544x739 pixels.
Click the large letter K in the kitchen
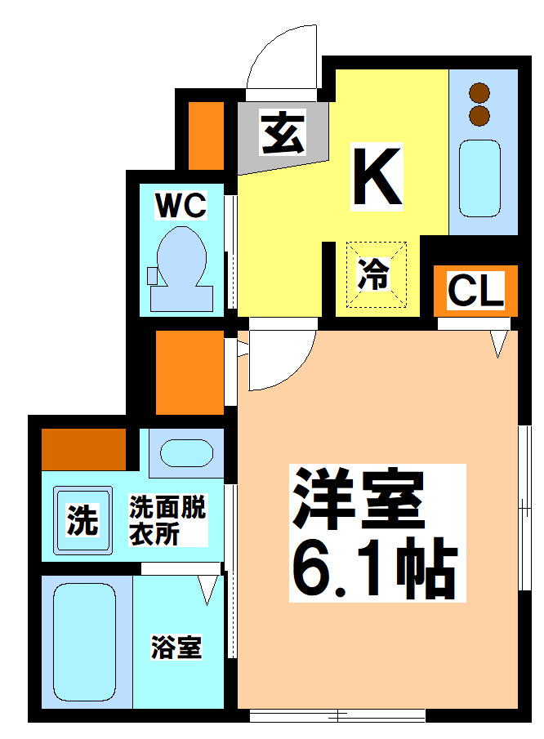point(377,176)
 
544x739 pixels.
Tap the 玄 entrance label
point(283,132)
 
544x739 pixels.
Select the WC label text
point(181,206)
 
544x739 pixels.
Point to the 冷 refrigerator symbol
point(374,274)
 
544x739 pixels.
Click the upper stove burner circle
point(479,92)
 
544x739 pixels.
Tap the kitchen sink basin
point(479,177)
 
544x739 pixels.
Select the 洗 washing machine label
point(82,520)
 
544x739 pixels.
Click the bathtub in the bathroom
point(83,642)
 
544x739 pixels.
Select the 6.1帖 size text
point(372,568)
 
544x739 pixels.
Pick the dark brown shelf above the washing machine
point(83,448)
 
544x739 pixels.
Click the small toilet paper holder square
point(153,275)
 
